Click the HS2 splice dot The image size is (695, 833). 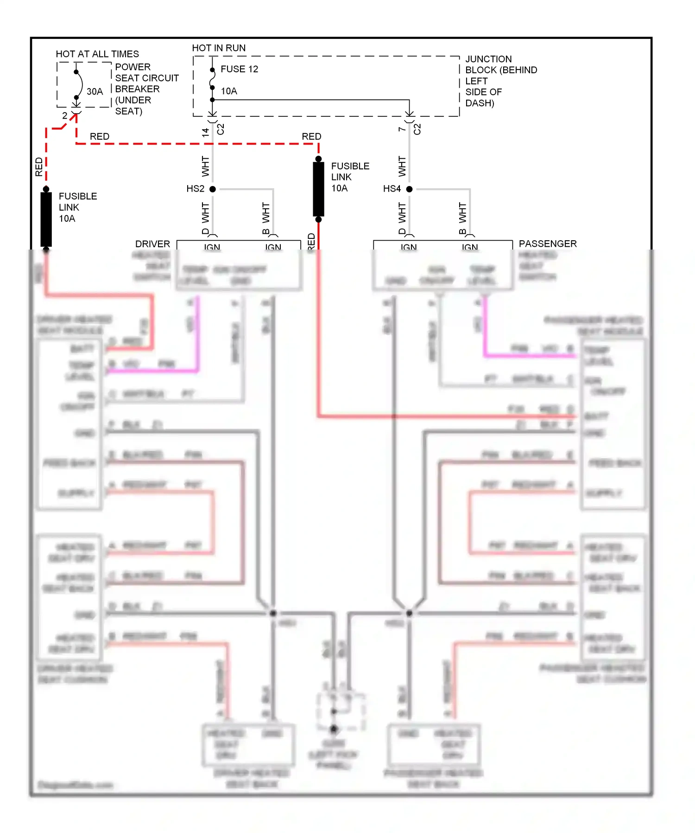click(213, 189)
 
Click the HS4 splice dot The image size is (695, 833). click(409, 189)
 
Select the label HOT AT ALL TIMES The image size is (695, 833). click(97, 54)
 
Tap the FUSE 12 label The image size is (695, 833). click(239, 69)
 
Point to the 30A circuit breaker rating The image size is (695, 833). click(95, 91)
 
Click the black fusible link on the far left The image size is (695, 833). click(46, 219)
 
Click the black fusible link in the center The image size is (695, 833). click(318, 188)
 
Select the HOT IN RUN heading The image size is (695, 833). click(219, 48)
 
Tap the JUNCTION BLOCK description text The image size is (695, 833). click(500, 81)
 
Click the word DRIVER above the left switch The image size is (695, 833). click(152, 244)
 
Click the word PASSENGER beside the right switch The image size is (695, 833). click(547, 243)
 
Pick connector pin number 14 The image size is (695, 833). click(205, 132)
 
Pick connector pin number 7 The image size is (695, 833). click(402, 129)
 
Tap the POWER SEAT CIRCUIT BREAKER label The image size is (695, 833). click(146, 89)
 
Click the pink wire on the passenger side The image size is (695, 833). click(528, 356)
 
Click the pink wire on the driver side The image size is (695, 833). click(153, 371)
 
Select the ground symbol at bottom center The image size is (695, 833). click(334, 729)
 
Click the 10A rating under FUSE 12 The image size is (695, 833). click(229, 91)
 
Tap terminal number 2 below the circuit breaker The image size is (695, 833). click(64, 115)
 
